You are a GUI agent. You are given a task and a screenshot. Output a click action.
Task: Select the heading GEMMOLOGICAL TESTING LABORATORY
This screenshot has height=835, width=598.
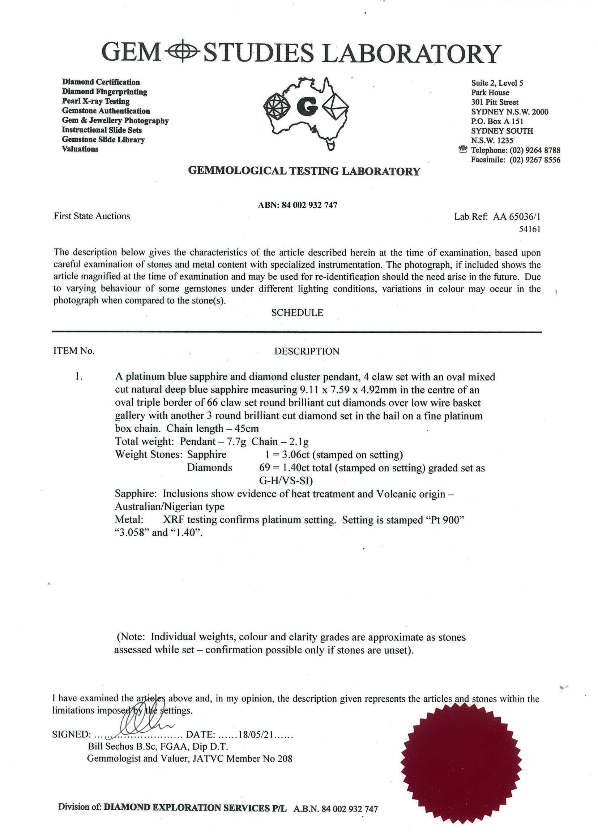tap(304, 172)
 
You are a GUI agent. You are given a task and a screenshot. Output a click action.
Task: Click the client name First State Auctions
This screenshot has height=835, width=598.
tap(92, 216)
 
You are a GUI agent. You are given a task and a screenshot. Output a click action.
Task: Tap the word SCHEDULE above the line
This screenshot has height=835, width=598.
tap(297, 313)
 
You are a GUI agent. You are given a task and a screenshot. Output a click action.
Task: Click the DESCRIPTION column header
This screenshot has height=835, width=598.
tap(307, 352)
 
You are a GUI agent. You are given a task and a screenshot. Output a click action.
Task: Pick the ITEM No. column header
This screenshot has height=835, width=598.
tap(74, 351)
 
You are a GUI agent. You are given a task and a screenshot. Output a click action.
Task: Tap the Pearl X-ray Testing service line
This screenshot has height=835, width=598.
tap(96, 101)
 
